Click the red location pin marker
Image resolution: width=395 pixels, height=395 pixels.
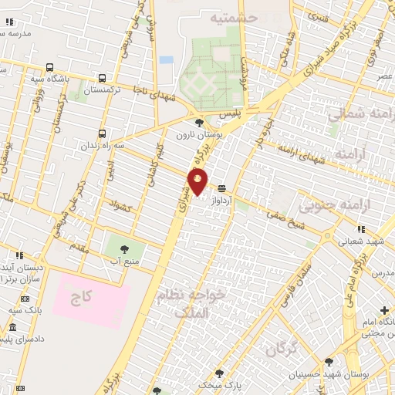(x=198, y=181)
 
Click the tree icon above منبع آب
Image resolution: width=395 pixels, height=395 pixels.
(x=123, y=248)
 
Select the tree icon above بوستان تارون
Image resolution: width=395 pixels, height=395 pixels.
(x=199, y=122)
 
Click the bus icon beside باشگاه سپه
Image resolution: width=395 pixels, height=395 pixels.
(x=50, y=67)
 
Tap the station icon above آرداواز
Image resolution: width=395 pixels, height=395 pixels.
(x=222, y=188)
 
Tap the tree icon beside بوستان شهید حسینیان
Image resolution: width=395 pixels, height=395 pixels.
(x=329, y=362)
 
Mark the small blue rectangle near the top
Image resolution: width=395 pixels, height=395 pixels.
(x=166, y=59)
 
